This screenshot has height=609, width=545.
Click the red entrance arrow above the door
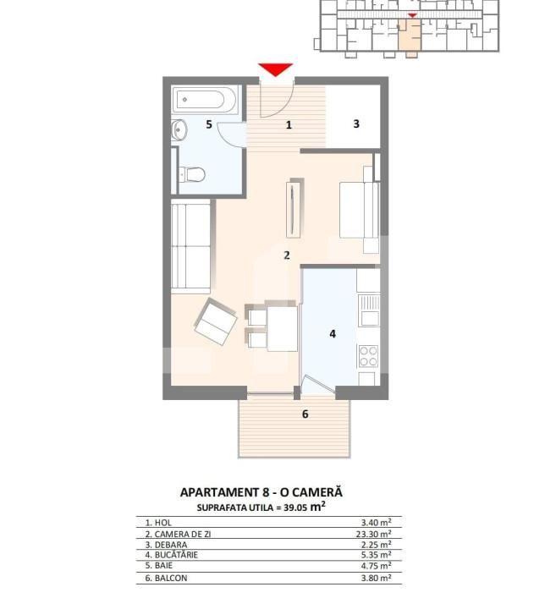click(x=276, y=69)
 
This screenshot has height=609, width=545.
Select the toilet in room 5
click(x=192, y=175)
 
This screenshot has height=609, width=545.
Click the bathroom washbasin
click(x=179, y=130)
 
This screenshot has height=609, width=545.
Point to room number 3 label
click(x=356, y=123)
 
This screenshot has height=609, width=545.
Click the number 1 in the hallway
click(x=289, y=125)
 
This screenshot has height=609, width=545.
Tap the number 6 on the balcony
click(x=305, y=414)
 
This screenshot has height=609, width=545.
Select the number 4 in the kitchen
click(x=333, y=334)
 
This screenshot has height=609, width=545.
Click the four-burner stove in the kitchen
click(x=368, y=356)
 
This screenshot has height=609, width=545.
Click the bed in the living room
click(x=359, y=210)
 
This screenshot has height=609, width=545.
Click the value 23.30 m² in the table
click(x=375, y=535)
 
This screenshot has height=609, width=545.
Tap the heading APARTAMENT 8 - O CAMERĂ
click(x=261, y=492)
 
